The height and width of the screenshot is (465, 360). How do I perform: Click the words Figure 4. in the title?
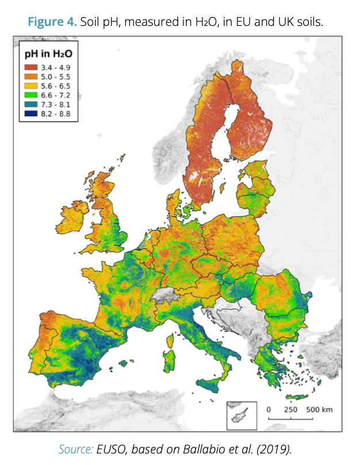[x=53, y=22]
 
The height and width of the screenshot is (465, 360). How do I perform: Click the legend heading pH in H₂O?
[x=48, y=56]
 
